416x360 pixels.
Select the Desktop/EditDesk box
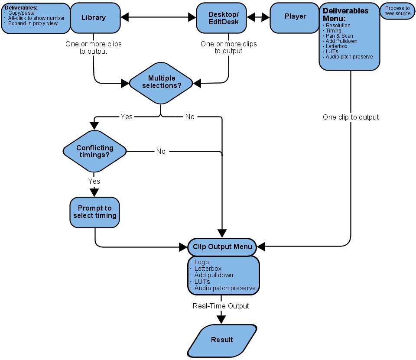(221, 18)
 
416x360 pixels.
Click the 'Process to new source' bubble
(397, 11)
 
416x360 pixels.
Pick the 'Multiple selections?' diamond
(161, 83)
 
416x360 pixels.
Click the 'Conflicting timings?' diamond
(94, 151)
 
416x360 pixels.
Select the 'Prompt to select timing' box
(95, 212)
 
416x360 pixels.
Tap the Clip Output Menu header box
(222, 247)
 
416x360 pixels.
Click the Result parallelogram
(222, 341)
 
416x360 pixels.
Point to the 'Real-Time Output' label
(221, 306)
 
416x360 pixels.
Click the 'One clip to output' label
(351, 117)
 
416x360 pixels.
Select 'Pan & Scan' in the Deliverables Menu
(339, 36)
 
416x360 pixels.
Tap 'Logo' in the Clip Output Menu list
(201, 262)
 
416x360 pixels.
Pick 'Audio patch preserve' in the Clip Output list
(225, 288)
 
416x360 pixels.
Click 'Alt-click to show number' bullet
(36, 18)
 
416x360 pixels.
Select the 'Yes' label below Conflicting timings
(94, 181)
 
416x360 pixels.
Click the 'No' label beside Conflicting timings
(161, 151)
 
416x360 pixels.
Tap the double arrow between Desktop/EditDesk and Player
(258, 17)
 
